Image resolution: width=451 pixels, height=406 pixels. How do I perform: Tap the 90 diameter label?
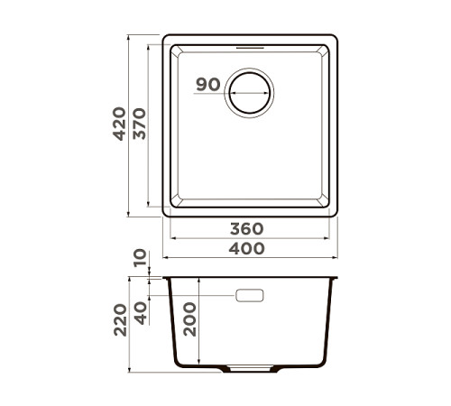point(207,85)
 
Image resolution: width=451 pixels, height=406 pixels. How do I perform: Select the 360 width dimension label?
point(247,229)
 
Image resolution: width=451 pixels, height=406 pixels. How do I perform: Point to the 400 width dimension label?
point(247,248)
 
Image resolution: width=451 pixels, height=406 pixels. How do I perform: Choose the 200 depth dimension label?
point(189,318)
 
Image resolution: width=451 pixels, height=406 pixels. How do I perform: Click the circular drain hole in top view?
point(249,92)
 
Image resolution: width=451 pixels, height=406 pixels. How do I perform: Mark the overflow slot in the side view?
point(249,295)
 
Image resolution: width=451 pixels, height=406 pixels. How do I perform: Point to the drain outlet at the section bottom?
point(250,368)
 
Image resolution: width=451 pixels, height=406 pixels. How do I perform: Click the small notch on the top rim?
point(250,42)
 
